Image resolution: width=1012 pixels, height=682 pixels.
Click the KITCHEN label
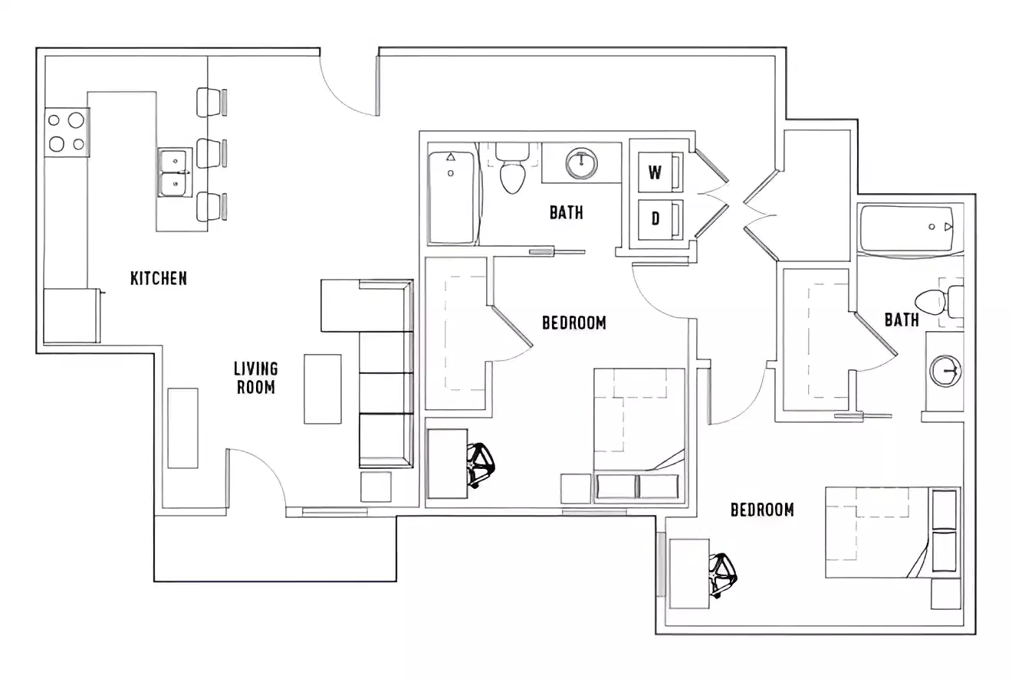click(x=158, y=278)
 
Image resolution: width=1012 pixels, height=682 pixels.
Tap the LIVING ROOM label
click(x=255, y=378)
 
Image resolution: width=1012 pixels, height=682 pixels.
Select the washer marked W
click(x=655, y=172)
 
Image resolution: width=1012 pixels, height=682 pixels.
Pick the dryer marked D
click(x=655, y=219)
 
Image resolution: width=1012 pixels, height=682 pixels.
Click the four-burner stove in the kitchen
click(x=66, y=131)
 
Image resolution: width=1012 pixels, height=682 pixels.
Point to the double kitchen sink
click(x=175, y=172)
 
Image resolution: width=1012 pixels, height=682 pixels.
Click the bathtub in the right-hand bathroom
click(x=907, y=228)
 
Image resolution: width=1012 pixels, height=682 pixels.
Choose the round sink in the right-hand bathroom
click(x=945, y=371)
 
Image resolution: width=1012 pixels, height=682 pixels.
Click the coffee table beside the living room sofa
click(x=323, y=389)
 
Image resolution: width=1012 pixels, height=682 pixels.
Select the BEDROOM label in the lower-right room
click(x=761, y=510)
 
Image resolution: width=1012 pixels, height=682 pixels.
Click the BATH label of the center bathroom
click(x=566, y=212)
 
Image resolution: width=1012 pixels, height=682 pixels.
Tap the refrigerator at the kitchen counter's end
click(x=71, y=316)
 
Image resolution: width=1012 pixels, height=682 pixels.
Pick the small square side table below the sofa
click(x=376, y=487)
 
